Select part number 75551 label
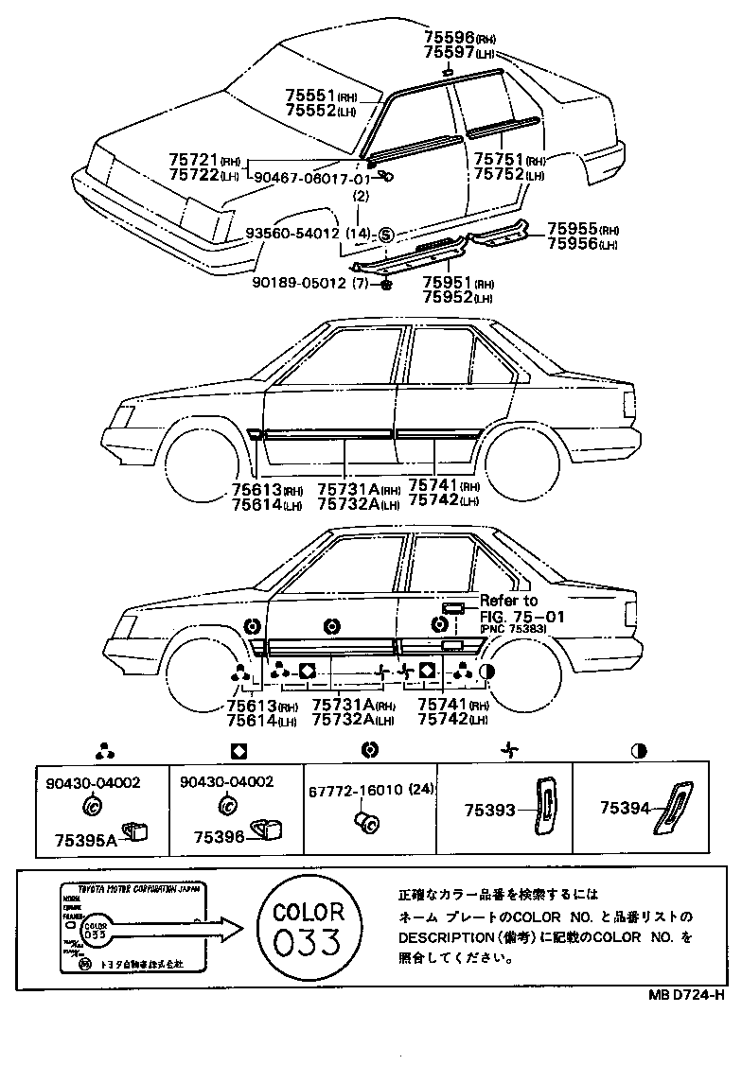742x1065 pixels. coord(311,96)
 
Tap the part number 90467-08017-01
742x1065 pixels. coord(312,179)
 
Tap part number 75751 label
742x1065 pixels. coord(499,161)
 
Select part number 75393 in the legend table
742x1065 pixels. coord(489,810)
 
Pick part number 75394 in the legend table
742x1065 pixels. coord(626,809)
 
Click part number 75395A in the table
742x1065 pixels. coord(84,839)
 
